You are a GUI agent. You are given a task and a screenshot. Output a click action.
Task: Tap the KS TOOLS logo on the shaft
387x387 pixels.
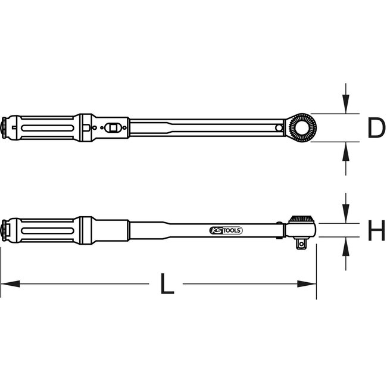[x=227, y=230]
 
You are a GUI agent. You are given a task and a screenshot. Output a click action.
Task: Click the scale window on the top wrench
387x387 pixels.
[x=114, y=127]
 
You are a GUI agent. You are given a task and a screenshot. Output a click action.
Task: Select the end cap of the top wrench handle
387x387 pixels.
[x=5, y=127]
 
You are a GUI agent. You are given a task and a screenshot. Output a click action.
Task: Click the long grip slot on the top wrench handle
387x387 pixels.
[x=42, y=127]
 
